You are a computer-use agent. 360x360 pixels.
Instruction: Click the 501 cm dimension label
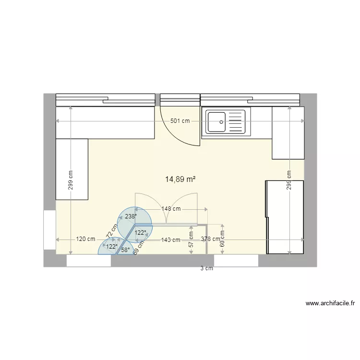[180, 121]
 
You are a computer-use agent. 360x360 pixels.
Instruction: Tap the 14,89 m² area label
[180, 179]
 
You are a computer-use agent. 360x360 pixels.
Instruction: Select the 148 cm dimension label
[171, 209]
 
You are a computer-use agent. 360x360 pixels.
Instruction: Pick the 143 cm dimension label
[170, 240]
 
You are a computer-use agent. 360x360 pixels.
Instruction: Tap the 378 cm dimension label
[211, 239]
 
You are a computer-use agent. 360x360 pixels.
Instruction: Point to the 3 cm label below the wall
[206, 269]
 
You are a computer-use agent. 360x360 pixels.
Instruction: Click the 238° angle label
[130, 216]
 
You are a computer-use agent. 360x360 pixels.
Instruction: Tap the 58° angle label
[125, 250]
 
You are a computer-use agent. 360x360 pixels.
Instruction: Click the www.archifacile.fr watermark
[330, 303]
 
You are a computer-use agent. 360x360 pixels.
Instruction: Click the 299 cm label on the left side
[71, 180]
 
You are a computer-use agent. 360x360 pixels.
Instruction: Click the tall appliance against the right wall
[285, 217]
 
